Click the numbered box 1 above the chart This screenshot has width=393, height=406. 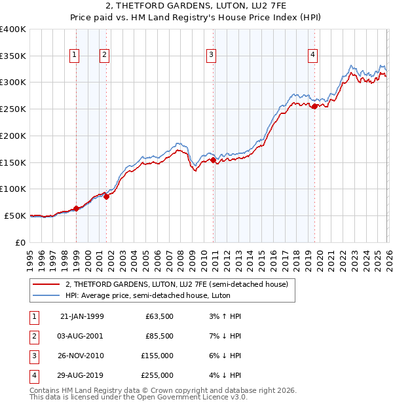[74, 56]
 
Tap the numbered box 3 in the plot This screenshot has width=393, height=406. [212, 56]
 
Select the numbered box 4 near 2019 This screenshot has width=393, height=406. [313, 56]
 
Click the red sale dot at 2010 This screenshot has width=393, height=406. [214, 159]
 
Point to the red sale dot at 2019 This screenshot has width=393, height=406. [315, 106]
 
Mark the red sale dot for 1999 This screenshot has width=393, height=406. [77, 208]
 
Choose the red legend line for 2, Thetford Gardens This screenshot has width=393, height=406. [47, 285]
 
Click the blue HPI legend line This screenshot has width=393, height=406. [47, 295]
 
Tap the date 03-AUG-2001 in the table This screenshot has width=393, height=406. [81, 336]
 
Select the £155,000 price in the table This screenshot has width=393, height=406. [157, 356]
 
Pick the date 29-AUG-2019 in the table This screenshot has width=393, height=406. [81, 375]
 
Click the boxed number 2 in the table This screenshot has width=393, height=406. [33, 336]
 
